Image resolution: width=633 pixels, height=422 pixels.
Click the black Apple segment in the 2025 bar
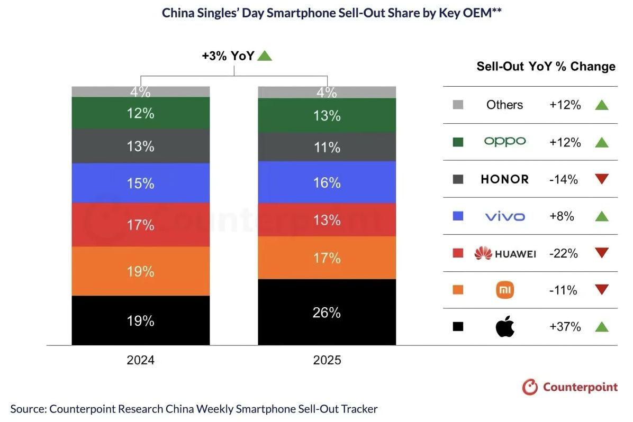click(327, 312)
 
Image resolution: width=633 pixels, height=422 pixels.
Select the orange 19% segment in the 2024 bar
click(140, 271)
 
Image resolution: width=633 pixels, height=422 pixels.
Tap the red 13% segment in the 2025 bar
click(327, 219)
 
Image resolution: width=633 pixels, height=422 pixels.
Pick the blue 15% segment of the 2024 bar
click(140, 183)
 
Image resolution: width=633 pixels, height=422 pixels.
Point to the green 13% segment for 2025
click(327, 115)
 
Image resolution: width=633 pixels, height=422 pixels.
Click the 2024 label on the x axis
click(140, 361)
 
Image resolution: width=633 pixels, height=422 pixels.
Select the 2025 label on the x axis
click(327, 361)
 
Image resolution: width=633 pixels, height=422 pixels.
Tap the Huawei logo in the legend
click(505, 254)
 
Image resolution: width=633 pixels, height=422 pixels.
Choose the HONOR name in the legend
click(505, 179)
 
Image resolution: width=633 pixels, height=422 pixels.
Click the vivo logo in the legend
click(505, 216)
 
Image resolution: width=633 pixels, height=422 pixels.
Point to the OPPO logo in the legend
click(505, 142)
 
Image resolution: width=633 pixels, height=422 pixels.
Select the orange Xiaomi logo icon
click(505, 290)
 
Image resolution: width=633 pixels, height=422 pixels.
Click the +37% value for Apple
click(565, 327)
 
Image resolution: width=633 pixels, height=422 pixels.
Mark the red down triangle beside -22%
click(601, 253)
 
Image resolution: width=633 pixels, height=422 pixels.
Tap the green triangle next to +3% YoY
click(264, 56)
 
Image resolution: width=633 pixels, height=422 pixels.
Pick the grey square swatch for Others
click(458, 105)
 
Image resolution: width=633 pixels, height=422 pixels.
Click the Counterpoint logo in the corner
click(569, 387)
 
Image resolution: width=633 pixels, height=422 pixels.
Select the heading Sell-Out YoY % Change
click(546, 67)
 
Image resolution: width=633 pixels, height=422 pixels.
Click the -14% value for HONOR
click(564, 179)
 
